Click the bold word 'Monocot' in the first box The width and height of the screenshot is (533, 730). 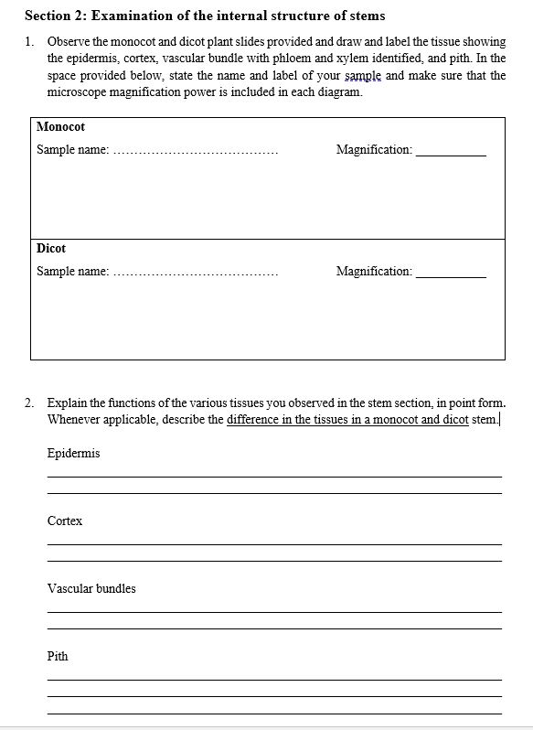tap(60, 127)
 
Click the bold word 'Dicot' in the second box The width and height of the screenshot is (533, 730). tap(51, 249)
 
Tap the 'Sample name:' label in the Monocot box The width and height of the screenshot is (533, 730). tap(72, 149)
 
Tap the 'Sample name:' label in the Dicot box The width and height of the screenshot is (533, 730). tap(72, 271)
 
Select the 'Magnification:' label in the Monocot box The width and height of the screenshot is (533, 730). tap(374, 149)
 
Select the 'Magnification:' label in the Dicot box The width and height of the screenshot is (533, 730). tap(374, 271)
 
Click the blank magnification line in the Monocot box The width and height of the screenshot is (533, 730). tap(451, 154)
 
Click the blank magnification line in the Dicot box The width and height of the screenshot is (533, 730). tap(451, 275)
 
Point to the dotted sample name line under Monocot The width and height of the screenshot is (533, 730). tap(196, 152)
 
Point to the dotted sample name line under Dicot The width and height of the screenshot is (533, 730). tap(196, 274)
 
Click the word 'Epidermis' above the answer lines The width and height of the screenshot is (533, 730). tap(73, 454)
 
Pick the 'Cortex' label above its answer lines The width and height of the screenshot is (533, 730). tap(65, 521)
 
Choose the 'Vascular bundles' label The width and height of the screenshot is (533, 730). tap(91, 589)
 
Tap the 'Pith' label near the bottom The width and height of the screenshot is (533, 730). tap(58, 657)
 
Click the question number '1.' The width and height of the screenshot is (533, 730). tap(30, 42)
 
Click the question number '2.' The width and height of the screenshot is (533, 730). tap(30, 403)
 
